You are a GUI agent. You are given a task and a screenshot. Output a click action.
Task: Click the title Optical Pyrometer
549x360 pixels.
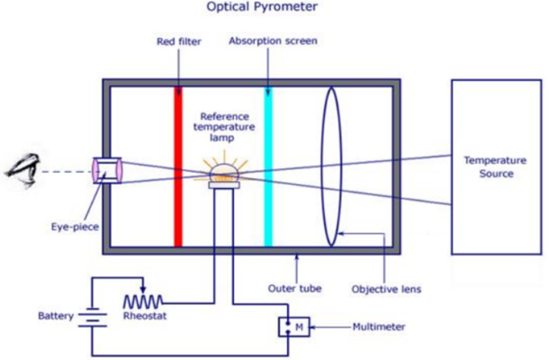point(274,8)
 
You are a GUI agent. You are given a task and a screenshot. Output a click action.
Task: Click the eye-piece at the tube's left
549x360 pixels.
point(106,172)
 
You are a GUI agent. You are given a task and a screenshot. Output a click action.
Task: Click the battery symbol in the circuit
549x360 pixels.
point(87,318)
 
